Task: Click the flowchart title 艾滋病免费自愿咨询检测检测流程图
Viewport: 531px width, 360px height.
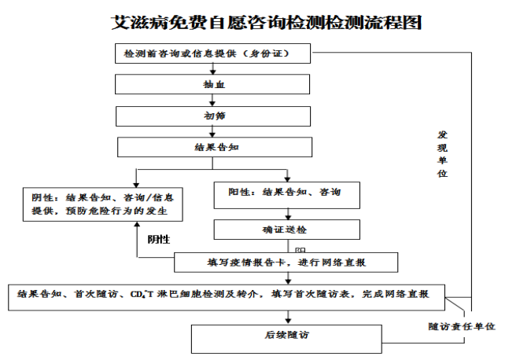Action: click(267, 22)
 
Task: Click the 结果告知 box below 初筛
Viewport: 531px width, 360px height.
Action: click(212, 147)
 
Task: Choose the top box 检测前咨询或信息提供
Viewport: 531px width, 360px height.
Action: click(212, 53)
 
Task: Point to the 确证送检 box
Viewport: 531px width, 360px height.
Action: click(286, 230)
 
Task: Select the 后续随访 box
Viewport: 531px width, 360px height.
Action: click(286, 336)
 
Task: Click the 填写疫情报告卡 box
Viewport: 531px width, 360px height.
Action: click(286, 262)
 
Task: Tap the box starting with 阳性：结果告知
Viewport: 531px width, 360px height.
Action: click(286, 193)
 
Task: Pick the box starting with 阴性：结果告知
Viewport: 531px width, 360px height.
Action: click(101, 204)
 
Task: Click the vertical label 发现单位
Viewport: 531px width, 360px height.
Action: click(443, 153)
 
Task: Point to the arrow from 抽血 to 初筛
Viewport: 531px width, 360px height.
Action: click(212, 100)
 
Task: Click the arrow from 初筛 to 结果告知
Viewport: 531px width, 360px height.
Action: click(212, 132)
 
